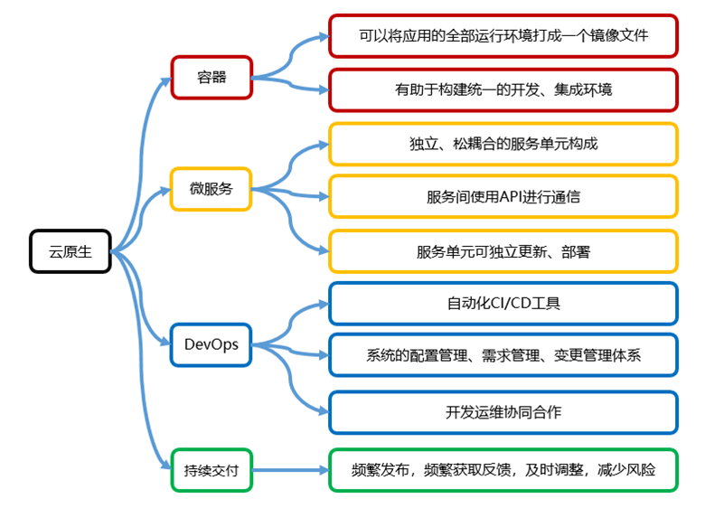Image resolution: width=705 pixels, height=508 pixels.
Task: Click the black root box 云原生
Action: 70,250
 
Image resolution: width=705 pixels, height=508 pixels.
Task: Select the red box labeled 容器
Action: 211,77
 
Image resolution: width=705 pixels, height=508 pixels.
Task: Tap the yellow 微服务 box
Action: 211,189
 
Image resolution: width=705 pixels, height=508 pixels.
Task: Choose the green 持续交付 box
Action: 211,470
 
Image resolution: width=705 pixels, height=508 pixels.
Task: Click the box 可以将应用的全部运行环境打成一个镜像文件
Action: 503,36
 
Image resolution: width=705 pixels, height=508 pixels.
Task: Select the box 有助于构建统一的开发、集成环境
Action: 503,89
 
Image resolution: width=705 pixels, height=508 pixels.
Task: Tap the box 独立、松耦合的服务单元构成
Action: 503,144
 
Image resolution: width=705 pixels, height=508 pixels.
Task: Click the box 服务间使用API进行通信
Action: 503,197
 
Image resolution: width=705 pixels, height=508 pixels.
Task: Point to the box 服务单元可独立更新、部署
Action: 503,251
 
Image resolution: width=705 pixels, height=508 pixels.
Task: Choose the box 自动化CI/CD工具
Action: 503,304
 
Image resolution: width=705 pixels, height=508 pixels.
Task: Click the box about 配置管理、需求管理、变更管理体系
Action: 503,355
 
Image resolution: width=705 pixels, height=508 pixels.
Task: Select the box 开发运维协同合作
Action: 503,412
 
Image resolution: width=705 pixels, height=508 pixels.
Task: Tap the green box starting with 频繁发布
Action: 503,470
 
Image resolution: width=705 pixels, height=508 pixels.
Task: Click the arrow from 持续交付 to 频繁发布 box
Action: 289,470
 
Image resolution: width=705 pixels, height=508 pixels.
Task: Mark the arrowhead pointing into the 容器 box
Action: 165,80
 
